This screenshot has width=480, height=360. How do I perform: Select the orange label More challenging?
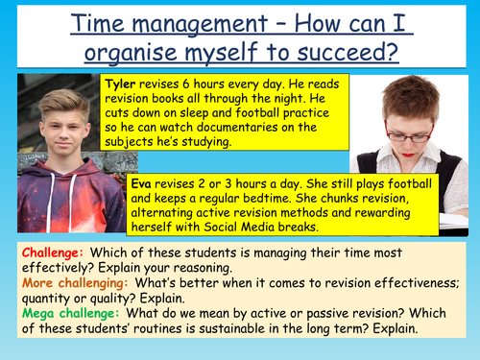tap(69, 285)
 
